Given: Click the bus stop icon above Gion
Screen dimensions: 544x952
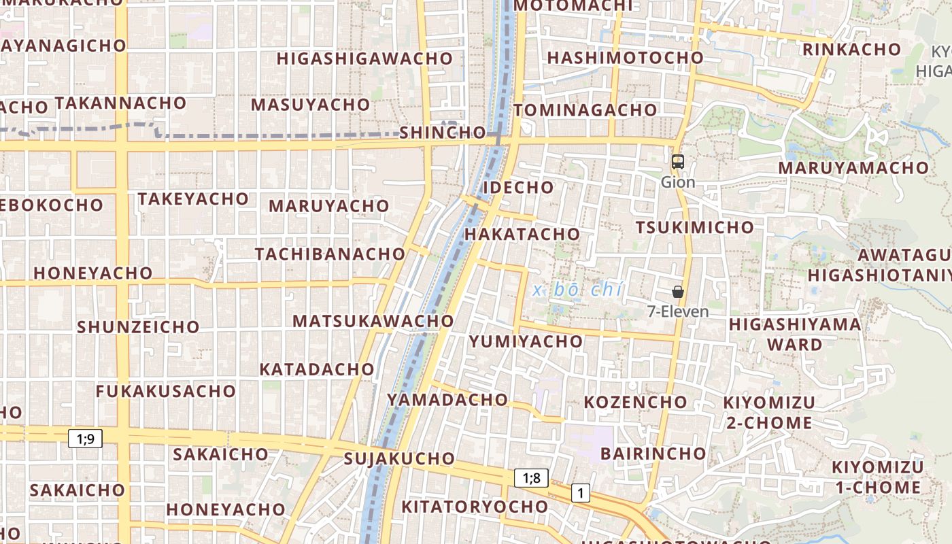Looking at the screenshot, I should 677,162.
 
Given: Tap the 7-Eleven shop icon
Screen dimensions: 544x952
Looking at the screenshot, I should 677,292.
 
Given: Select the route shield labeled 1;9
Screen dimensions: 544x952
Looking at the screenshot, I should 85,439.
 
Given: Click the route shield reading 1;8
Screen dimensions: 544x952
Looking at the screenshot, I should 531,477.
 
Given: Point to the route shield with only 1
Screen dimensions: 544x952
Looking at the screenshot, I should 580,492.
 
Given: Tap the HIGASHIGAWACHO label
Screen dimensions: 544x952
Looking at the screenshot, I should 364,58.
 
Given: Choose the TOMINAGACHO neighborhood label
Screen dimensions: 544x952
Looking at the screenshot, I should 585,110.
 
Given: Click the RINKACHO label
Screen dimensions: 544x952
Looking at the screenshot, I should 851,50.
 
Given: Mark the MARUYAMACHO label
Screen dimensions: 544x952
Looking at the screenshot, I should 853,167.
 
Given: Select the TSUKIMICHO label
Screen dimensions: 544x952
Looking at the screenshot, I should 694,227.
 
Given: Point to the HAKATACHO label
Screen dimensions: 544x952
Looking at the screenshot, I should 522,234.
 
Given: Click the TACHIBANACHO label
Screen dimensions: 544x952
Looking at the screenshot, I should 330,254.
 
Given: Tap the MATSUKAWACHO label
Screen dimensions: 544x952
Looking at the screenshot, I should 373,320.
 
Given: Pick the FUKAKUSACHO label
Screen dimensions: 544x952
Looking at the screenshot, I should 165,391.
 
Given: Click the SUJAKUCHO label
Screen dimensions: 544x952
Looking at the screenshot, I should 399,458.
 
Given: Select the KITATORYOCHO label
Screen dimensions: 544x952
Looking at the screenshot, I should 474,507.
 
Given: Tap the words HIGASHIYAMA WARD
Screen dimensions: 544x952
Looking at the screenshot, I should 795,334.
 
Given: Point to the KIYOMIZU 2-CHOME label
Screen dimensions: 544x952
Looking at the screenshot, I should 768,412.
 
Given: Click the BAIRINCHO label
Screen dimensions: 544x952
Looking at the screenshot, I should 653,453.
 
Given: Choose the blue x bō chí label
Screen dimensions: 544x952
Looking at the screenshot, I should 578,290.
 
